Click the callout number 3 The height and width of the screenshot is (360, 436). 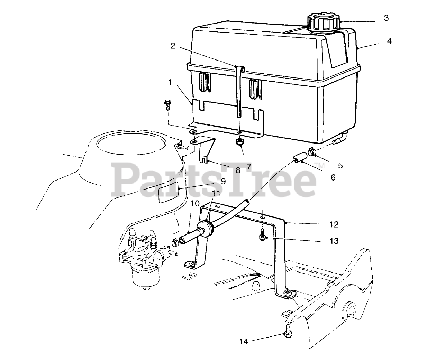[x=386, y=18]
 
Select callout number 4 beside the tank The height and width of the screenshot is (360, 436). [x=389, y=41]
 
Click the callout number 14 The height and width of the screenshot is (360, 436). [x=243, y=342]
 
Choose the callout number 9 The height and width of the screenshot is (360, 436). [x=223, y=181]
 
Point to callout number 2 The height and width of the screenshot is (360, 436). [x=173, y=46]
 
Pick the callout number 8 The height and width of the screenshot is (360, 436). [x=238, y=170]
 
